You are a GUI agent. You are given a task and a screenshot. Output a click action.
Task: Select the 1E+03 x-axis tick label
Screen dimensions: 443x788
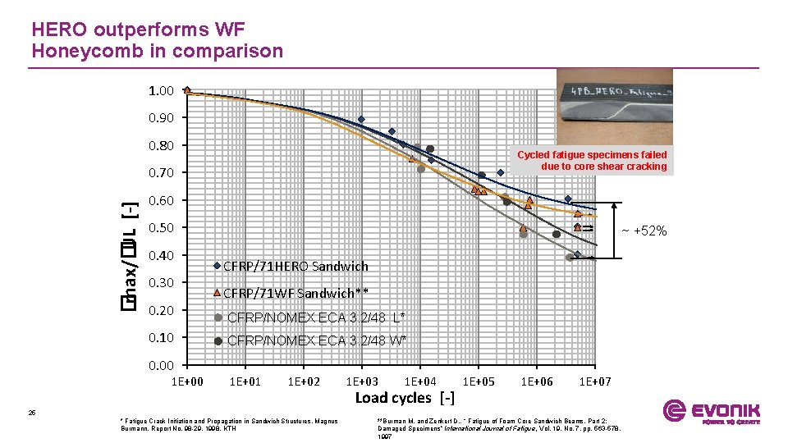[363, 381]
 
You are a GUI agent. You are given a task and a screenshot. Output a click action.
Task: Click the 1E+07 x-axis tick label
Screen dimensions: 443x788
[595, 381]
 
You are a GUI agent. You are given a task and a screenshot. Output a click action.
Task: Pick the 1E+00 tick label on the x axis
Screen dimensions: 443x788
[187, 381]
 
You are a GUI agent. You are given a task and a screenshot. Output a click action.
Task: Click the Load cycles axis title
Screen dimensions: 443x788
[405, 398]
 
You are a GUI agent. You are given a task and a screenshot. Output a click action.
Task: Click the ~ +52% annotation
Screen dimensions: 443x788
[644, 231]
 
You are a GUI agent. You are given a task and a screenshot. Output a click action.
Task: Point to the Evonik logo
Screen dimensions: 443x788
[711, 412]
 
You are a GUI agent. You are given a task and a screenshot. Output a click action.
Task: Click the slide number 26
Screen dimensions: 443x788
[31, 413]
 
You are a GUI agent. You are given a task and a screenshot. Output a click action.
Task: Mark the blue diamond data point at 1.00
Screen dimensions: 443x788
[187, 90]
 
